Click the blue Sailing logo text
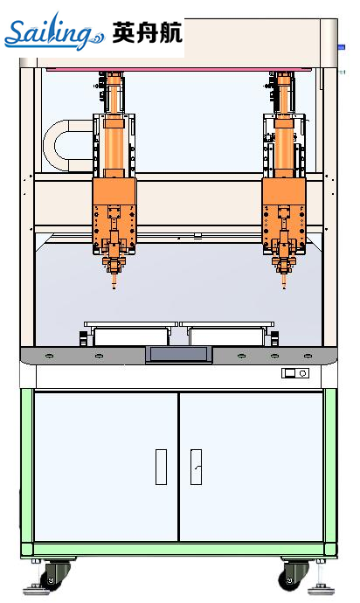(x=54, y=32)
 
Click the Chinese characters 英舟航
(x=148, y=32)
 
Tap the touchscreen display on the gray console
(x=179, y=354)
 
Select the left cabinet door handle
(x=161, y=467)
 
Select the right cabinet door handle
(x=196, y=467)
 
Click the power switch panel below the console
(x=295, y=373)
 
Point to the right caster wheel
(x=294, y=575)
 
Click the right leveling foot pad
(x=322, y=589)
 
